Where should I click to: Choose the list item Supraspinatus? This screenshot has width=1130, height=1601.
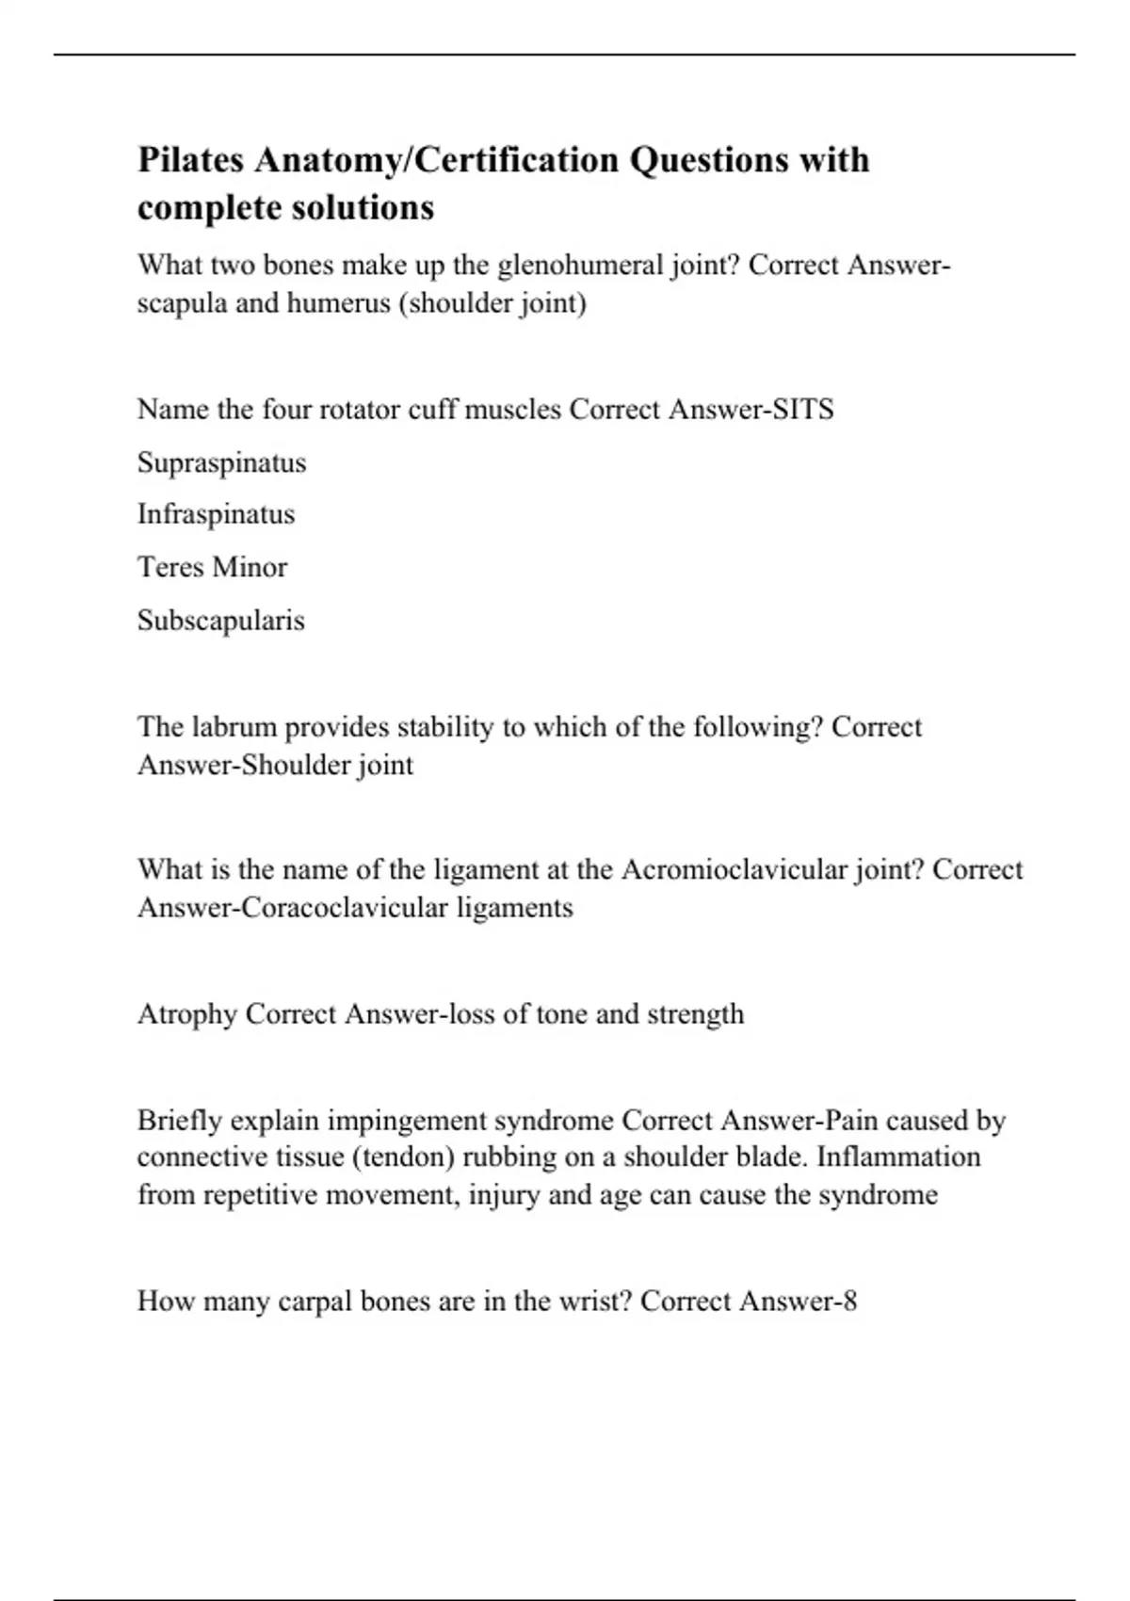tap(221, 462)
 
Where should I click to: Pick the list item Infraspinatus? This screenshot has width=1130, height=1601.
tap(216, 514)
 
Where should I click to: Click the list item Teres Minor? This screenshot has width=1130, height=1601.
tap(212, 567)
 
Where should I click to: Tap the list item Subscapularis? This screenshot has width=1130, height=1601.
tap(220, 621)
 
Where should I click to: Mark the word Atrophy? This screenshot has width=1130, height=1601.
tap(186, 1014)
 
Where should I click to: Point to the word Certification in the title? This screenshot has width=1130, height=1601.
tap(516, 160)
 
